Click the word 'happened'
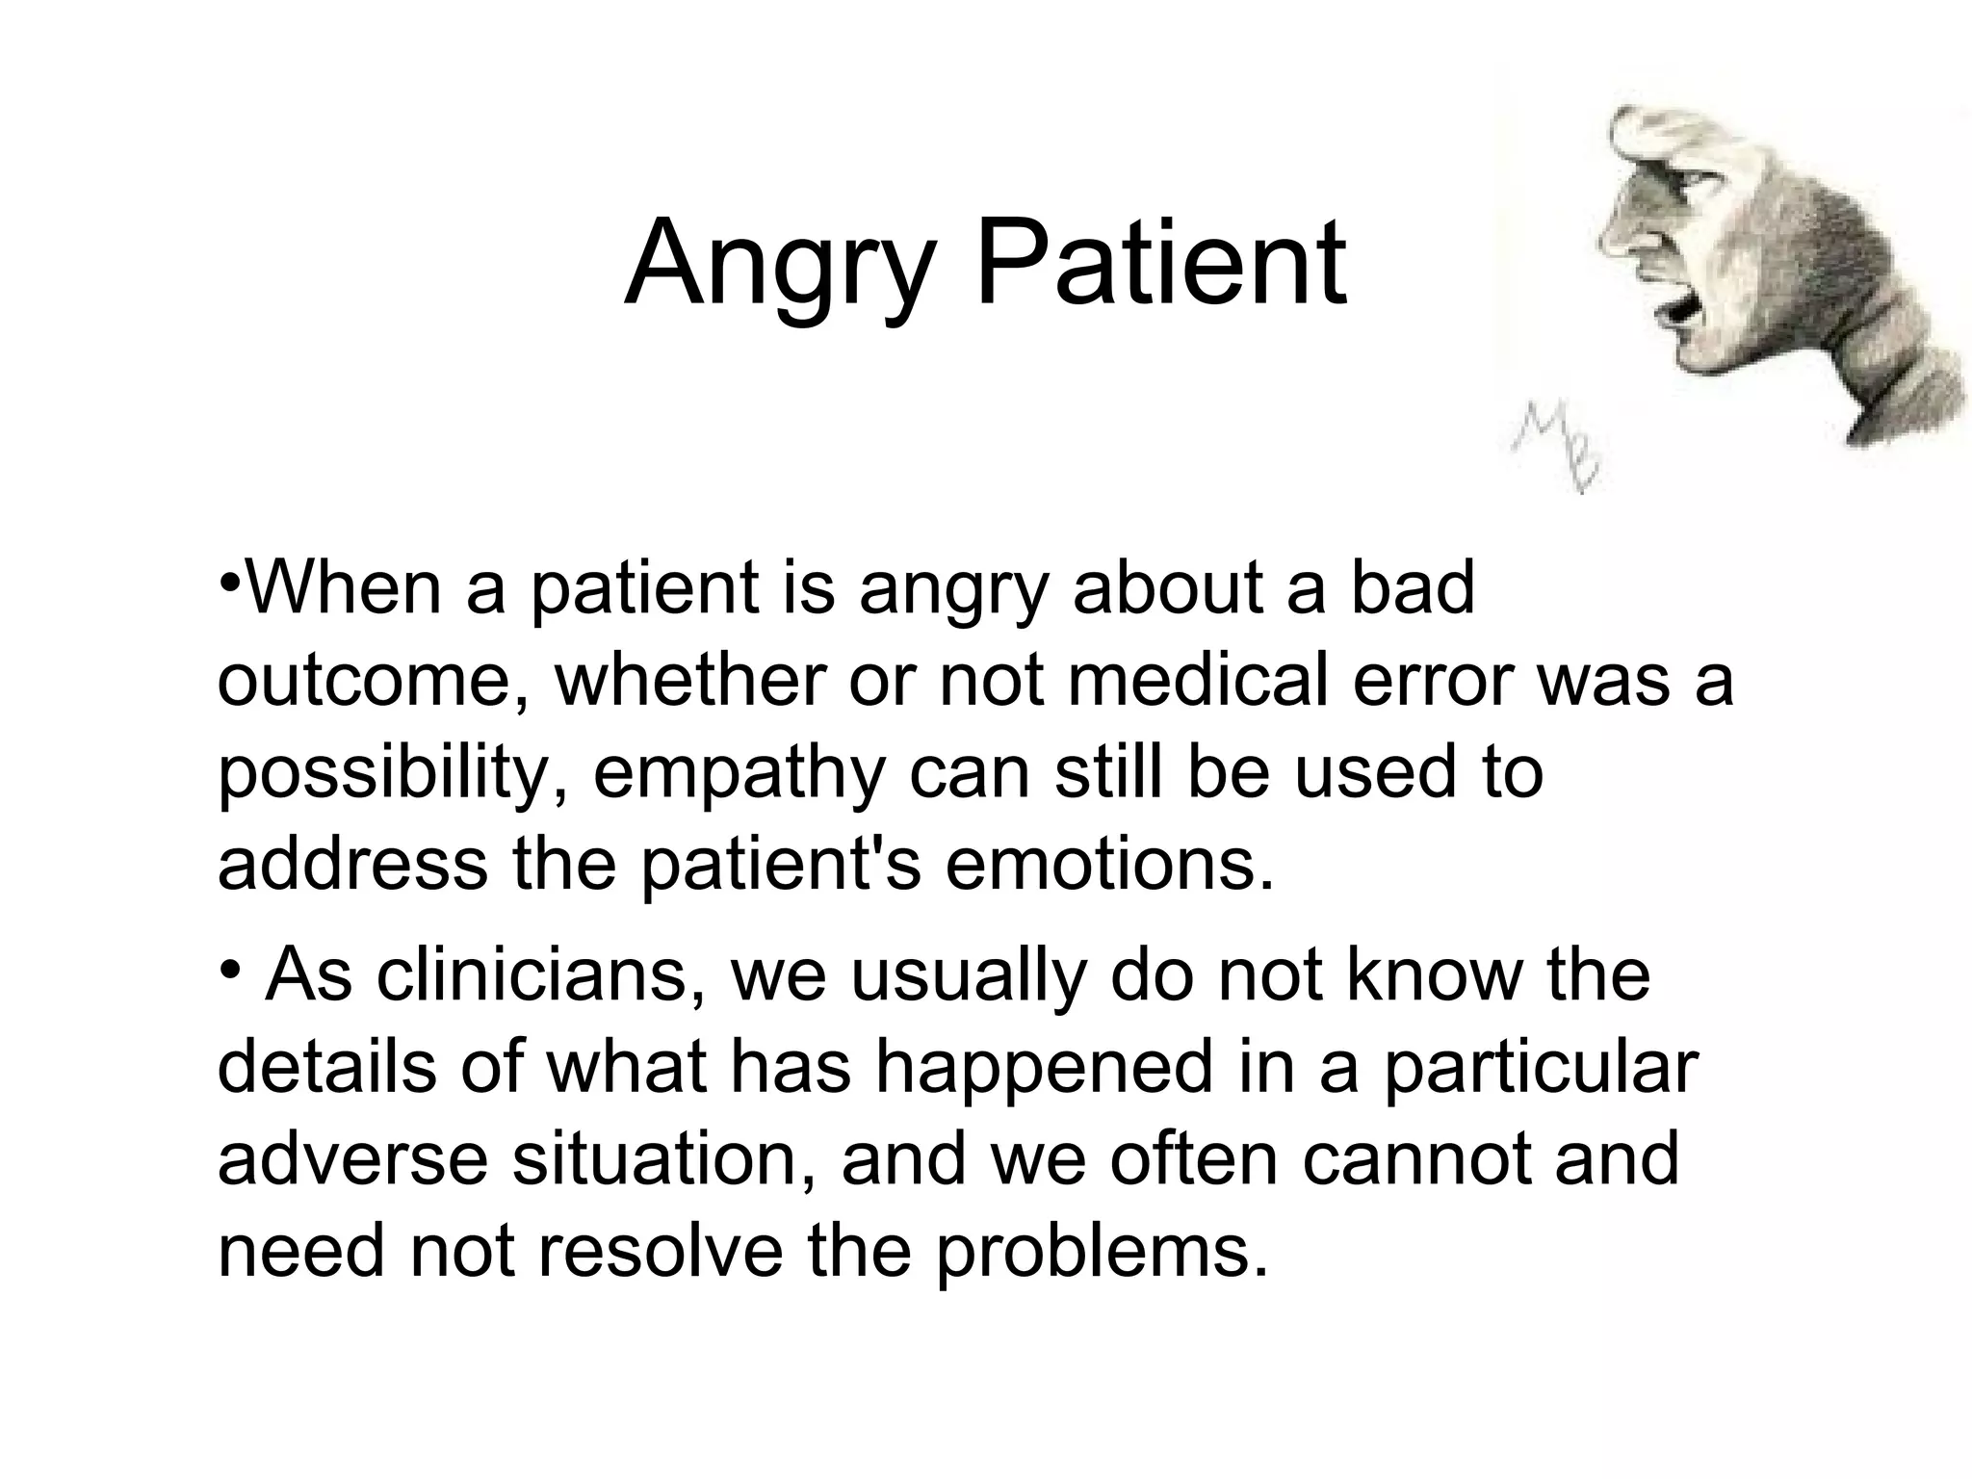point(1043,1067)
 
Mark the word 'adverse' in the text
point(353,1159)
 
